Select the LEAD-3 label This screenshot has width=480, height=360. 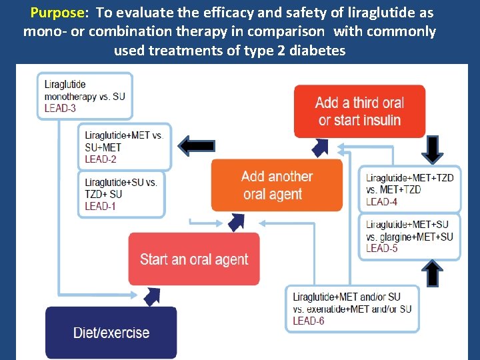click(60, 108)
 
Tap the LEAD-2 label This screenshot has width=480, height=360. click(101, 159)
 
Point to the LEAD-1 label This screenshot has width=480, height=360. click(101, 206)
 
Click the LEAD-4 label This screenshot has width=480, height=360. click(381, 201)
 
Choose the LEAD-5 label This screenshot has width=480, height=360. click(381, 248)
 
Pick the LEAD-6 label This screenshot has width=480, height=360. click(309, 321)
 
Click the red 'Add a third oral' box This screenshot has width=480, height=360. click(359, 111)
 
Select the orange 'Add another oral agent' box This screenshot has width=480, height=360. click(277, 185)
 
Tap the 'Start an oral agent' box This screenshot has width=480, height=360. click(194, 259)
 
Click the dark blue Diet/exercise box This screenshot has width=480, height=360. click(111, 333)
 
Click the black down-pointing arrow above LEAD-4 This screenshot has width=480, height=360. click(432, 148)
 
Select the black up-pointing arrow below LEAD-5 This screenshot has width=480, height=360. click(432, 273)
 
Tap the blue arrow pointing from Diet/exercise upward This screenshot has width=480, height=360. click(152, 294)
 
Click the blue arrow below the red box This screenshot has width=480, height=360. click(322, 146)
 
